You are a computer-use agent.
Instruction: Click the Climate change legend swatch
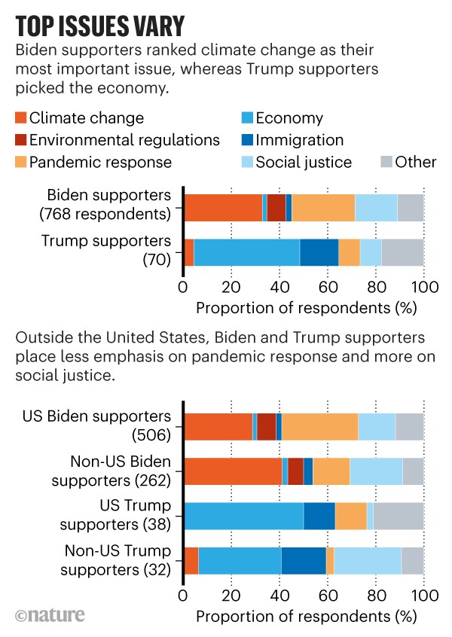pos(21,118)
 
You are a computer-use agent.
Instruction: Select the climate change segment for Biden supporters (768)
pos(223,207)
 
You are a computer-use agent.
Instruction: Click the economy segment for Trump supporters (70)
pos(247,252)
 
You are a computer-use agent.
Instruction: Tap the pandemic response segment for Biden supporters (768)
pos(323,207)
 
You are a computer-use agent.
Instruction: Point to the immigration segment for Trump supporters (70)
pos(319,252)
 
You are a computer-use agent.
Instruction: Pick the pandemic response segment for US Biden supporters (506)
pos(319,426)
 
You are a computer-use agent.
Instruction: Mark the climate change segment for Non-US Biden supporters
pos(233,471)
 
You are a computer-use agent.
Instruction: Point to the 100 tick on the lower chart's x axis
pos(424,596)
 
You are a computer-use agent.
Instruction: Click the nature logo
pos(50,615)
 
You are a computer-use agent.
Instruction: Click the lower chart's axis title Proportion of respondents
pos(304,616)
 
